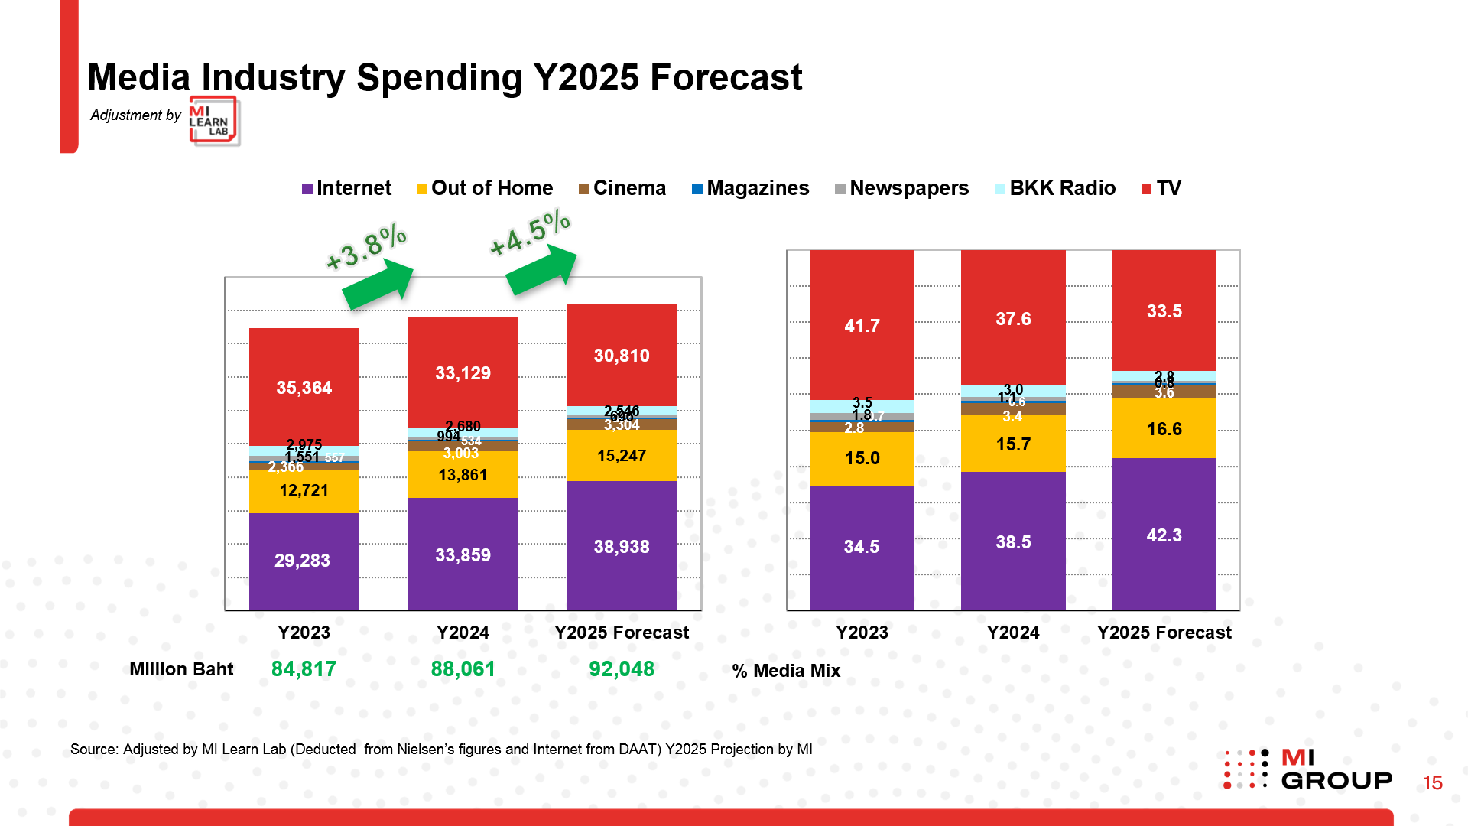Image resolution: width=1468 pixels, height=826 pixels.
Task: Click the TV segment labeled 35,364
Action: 304,387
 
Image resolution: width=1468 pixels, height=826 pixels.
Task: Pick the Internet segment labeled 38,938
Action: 622,546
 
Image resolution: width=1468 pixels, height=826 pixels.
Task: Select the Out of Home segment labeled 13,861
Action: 463,475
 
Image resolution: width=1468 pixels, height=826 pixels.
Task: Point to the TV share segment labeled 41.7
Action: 862,326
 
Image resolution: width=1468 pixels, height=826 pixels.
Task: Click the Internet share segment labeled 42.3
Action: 1164,535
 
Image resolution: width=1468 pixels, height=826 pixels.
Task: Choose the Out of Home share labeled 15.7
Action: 1013,444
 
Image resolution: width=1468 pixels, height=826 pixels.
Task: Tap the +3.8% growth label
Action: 365,247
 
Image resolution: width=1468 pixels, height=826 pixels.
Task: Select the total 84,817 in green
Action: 304,669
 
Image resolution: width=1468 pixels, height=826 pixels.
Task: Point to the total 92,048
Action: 622,669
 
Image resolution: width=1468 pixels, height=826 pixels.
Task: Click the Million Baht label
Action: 181,669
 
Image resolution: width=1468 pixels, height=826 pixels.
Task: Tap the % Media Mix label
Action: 786,671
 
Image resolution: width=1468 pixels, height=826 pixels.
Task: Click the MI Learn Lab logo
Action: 213,121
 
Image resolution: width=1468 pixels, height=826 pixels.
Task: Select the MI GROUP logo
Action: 1307,769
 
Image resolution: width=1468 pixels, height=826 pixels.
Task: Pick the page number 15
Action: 1432,783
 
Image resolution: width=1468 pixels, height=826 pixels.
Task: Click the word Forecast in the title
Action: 726,78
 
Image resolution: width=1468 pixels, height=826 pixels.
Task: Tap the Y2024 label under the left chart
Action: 463,633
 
